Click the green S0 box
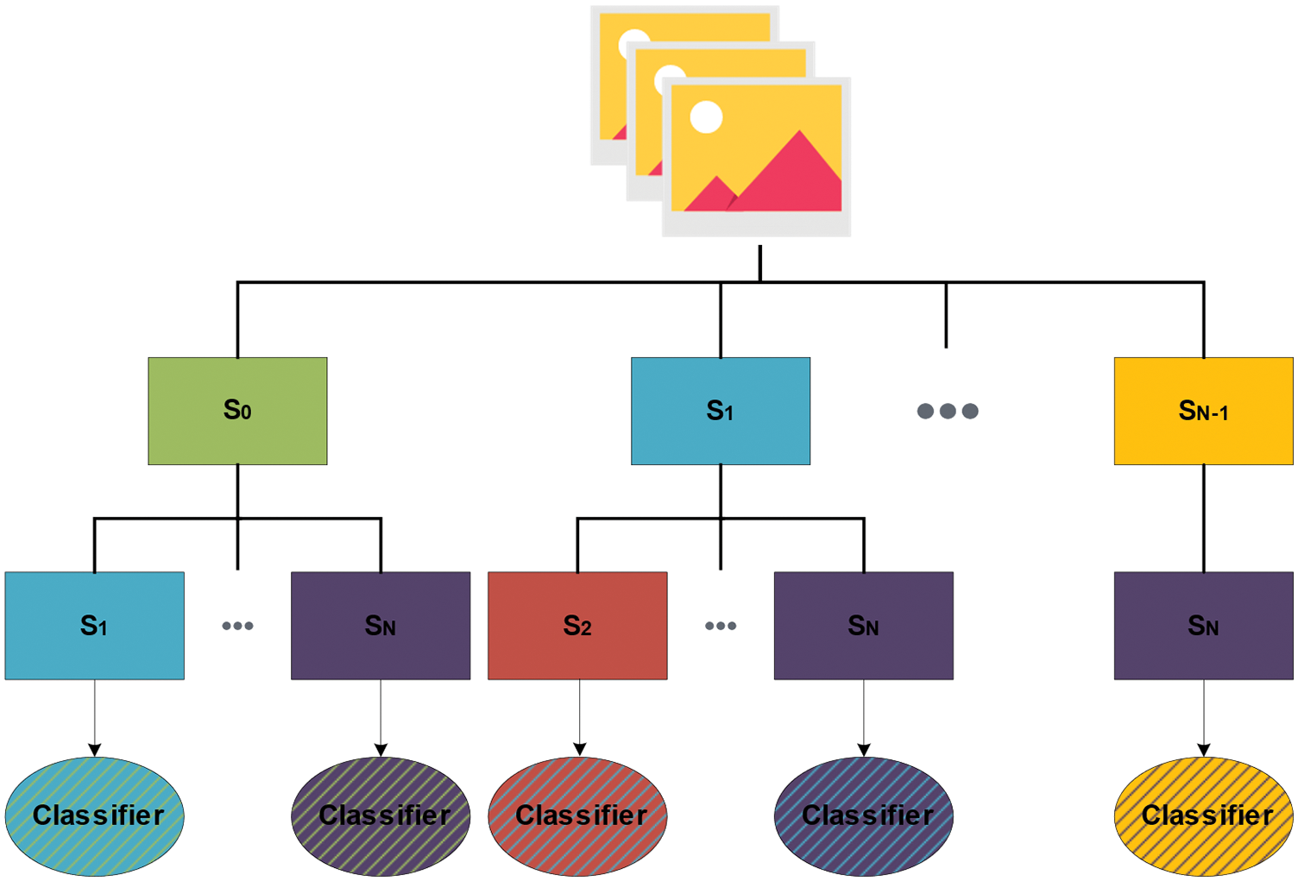click(237, 411)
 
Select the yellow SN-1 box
click(1202, 411)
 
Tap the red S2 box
click(577, 626)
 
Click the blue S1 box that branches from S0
click(94, 626)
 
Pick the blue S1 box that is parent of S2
click(720, 411)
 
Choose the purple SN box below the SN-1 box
click(1202, 626)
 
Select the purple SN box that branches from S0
click(381, 626)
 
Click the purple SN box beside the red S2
click(863, 626)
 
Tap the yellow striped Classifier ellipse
click(1203, 816)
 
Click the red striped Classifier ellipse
click(577, 816)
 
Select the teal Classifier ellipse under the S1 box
click(94, 816)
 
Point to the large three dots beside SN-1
click(947, 411)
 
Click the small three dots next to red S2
click(720, 626)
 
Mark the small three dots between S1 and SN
click(237, 626)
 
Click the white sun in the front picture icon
click(706, 117)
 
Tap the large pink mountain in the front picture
click(794, 177)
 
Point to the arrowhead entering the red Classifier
click(579, 750)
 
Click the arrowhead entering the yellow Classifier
click(1203, 750)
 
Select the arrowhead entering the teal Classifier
click(94, 750)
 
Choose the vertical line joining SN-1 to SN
click(1203, 518)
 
